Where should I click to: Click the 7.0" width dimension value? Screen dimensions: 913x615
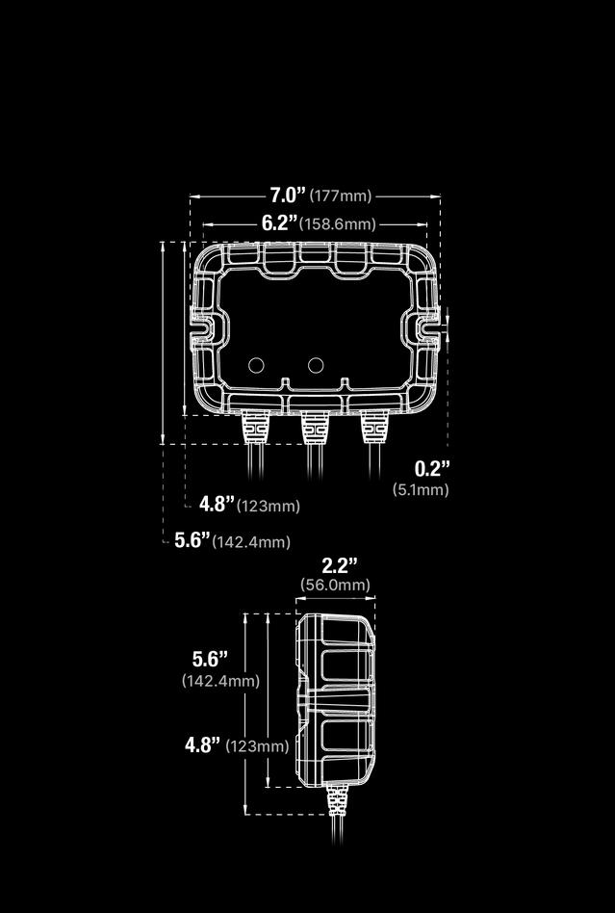tap(287, 195)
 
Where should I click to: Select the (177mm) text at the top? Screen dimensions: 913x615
tap(340, 196)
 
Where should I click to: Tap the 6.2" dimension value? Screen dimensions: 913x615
tap(279, 222)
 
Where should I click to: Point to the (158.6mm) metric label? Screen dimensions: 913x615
tap(337, 224)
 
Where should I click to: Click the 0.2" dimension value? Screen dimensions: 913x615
tap(432, 469)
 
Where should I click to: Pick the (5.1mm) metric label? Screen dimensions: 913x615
tap(421, 489)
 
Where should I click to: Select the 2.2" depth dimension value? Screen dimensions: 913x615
tap(339, 564)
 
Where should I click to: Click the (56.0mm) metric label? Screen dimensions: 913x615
tap(336, 585)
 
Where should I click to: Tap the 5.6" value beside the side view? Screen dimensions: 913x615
tap(210, 659)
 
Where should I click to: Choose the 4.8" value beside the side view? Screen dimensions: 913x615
tap(203, 744)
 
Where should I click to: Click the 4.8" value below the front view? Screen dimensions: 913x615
tap(217, 504)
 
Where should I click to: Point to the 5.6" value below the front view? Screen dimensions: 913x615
tap(192, 540)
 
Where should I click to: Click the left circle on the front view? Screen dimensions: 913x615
tap(257, 365)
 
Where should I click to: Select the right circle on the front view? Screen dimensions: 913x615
tap(316, 365)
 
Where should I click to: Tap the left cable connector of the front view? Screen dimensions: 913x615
tap(255, 426)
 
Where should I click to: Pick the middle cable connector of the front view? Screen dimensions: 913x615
tap(314, 426)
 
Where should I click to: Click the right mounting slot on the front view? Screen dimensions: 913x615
tap(427, 326)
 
